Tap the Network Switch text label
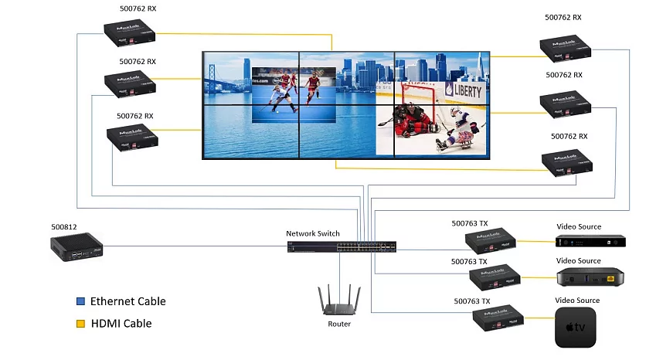(312, 233)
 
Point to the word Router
(339, 324)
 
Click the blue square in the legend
(80, 301)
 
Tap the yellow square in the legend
(80, 324)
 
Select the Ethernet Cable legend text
(127, 301)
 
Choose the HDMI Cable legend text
(121, 324)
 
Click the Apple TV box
(576, 327)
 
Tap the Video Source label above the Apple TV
(578, 300)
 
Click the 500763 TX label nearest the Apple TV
(471, 301)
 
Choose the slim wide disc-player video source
(591, 240)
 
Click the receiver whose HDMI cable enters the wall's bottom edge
(567, 163)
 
